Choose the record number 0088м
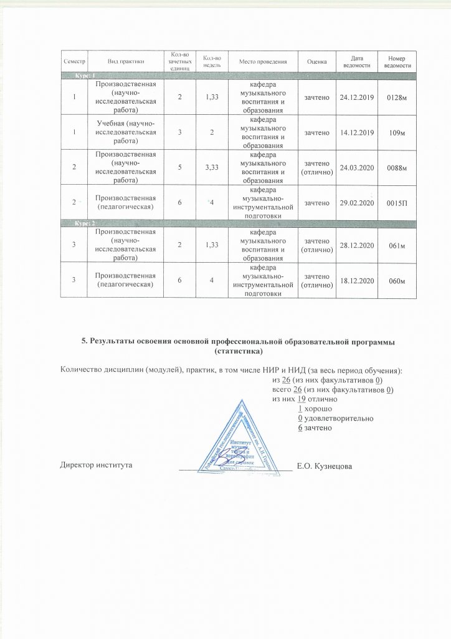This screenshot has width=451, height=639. [x=397, y=168]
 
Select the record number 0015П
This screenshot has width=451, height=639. [x=397, y=203]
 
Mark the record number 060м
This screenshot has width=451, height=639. [x=397, y=281]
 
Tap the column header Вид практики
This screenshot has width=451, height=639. [x=126, y=62]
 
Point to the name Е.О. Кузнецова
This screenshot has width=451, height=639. [x=325, y=466]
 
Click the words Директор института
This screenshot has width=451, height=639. [x=96, y=466]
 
